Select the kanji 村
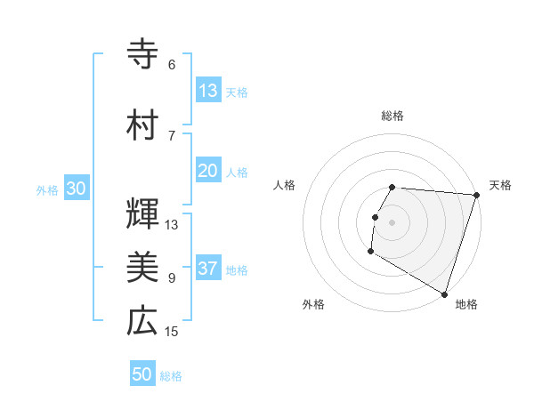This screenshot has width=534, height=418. pyautogui.click(x=142, y=124)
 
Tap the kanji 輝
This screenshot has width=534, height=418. pyautogui.click(x=142, y=213)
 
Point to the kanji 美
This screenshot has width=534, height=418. pyautogui.click(x=142, y=266)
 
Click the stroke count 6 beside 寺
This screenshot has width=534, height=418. pyautogui.click(x=172, y=65)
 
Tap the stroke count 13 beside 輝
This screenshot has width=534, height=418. pyautogui.click(x=172, y=224)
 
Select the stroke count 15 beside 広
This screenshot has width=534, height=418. pyautogui.click(x=172, y=332)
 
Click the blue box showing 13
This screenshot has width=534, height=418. pyautogui.click(x=208, y=91)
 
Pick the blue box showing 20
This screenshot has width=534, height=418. pyautogui.click(x=208, y=171)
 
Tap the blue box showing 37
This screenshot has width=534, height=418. pyautogui.click(x=208, y=269)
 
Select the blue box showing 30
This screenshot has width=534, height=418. pyautogui.click(x=76, y=189)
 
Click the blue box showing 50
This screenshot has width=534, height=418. pyautogui.click(x=142, y=374)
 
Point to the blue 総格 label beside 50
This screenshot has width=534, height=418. pyautogui.click(x=172, y=376)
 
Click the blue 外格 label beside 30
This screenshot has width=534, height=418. pyautogui.click(x=47, y=190)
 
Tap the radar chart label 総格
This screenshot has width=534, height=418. pyautogui.click(x=392, y=116)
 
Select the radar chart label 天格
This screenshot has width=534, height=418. pyautogui.click(x=500, y=185)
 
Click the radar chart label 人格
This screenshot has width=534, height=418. pyautogui.click(x=285, y=185)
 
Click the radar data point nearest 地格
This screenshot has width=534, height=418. pyautogui.click(x=444, y=293)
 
